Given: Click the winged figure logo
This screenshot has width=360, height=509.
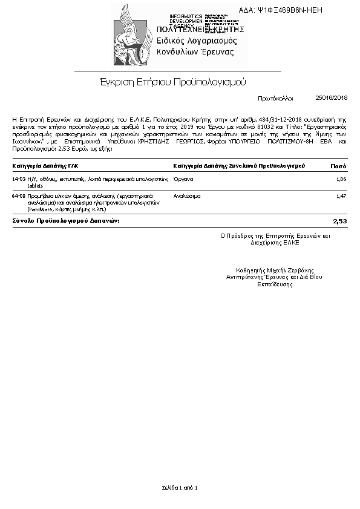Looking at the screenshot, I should (131, 34).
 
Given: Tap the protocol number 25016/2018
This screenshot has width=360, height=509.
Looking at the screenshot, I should (332, 97).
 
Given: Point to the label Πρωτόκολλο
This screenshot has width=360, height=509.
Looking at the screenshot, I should (275, 97).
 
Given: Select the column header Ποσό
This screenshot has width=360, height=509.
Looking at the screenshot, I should (338, 165).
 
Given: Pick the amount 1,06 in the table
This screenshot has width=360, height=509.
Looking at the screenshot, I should (341, 179).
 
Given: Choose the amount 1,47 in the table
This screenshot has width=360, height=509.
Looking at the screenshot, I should (341, 196).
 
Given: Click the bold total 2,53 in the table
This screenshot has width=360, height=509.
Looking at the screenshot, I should (340, 222).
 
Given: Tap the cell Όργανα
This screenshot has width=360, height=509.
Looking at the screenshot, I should (183, 179).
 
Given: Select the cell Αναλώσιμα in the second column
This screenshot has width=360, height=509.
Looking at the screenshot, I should (187, 196).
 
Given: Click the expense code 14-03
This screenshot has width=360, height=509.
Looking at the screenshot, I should (19, 179).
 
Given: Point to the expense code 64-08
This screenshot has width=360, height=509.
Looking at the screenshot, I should (19, 196).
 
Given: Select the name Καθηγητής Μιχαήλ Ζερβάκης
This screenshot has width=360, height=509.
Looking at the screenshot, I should (275, 271).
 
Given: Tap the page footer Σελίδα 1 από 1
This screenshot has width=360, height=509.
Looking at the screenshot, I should (180, 487).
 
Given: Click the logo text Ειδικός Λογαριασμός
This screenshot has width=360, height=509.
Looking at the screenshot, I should (197, 41).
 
